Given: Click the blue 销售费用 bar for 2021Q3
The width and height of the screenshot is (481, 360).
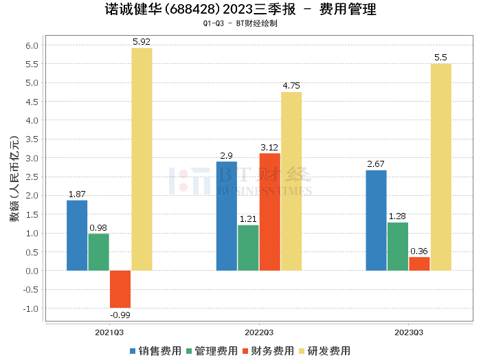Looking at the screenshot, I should [77, 235].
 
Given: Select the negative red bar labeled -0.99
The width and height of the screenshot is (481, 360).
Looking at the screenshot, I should [120, 289].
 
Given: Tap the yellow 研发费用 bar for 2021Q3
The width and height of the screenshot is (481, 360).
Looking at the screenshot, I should [142, 159].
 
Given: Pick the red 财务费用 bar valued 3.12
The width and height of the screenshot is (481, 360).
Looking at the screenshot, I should [270, 212].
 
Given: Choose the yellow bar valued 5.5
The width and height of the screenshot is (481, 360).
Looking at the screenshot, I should [441, 167].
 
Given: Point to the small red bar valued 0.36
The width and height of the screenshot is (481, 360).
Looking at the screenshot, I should [419, 263].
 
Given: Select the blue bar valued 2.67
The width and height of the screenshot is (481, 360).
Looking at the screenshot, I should [376, 220].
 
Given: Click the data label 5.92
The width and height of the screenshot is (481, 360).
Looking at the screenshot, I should [142, 42].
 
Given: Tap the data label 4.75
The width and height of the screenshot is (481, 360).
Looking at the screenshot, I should [291, 86].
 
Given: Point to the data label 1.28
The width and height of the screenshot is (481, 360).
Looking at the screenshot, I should [397, 216].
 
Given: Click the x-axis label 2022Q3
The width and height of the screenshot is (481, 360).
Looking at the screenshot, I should [259, 332].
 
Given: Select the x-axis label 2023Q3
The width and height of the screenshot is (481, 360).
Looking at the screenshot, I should [409, 332].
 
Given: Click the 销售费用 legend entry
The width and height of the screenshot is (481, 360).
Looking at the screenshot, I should [155, 350].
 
